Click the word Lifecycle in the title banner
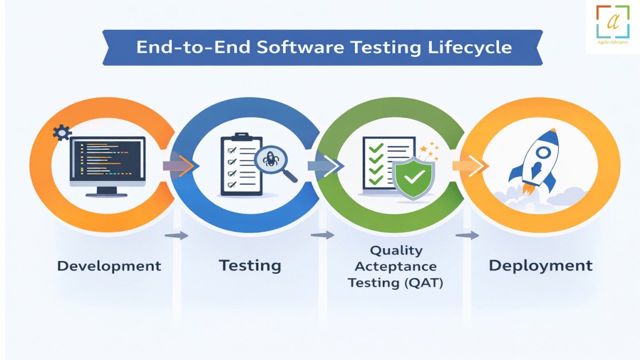(469, 47)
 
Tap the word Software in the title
(300, 47)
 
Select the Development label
(109, 266)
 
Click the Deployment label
(540, 266)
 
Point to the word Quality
(396, 251)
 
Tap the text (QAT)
(423, 283)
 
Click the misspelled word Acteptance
(395, 267)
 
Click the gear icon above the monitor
(61, 132)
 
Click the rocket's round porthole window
(543, 152)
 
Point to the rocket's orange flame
(529, 188)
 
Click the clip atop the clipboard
(242, 136)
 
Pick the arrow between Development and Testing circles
(180, 165)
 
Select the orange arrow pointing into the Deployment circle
(470, 165)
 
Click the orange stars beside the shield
(429, 151)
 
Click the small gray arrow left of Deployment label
(467, 235)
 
